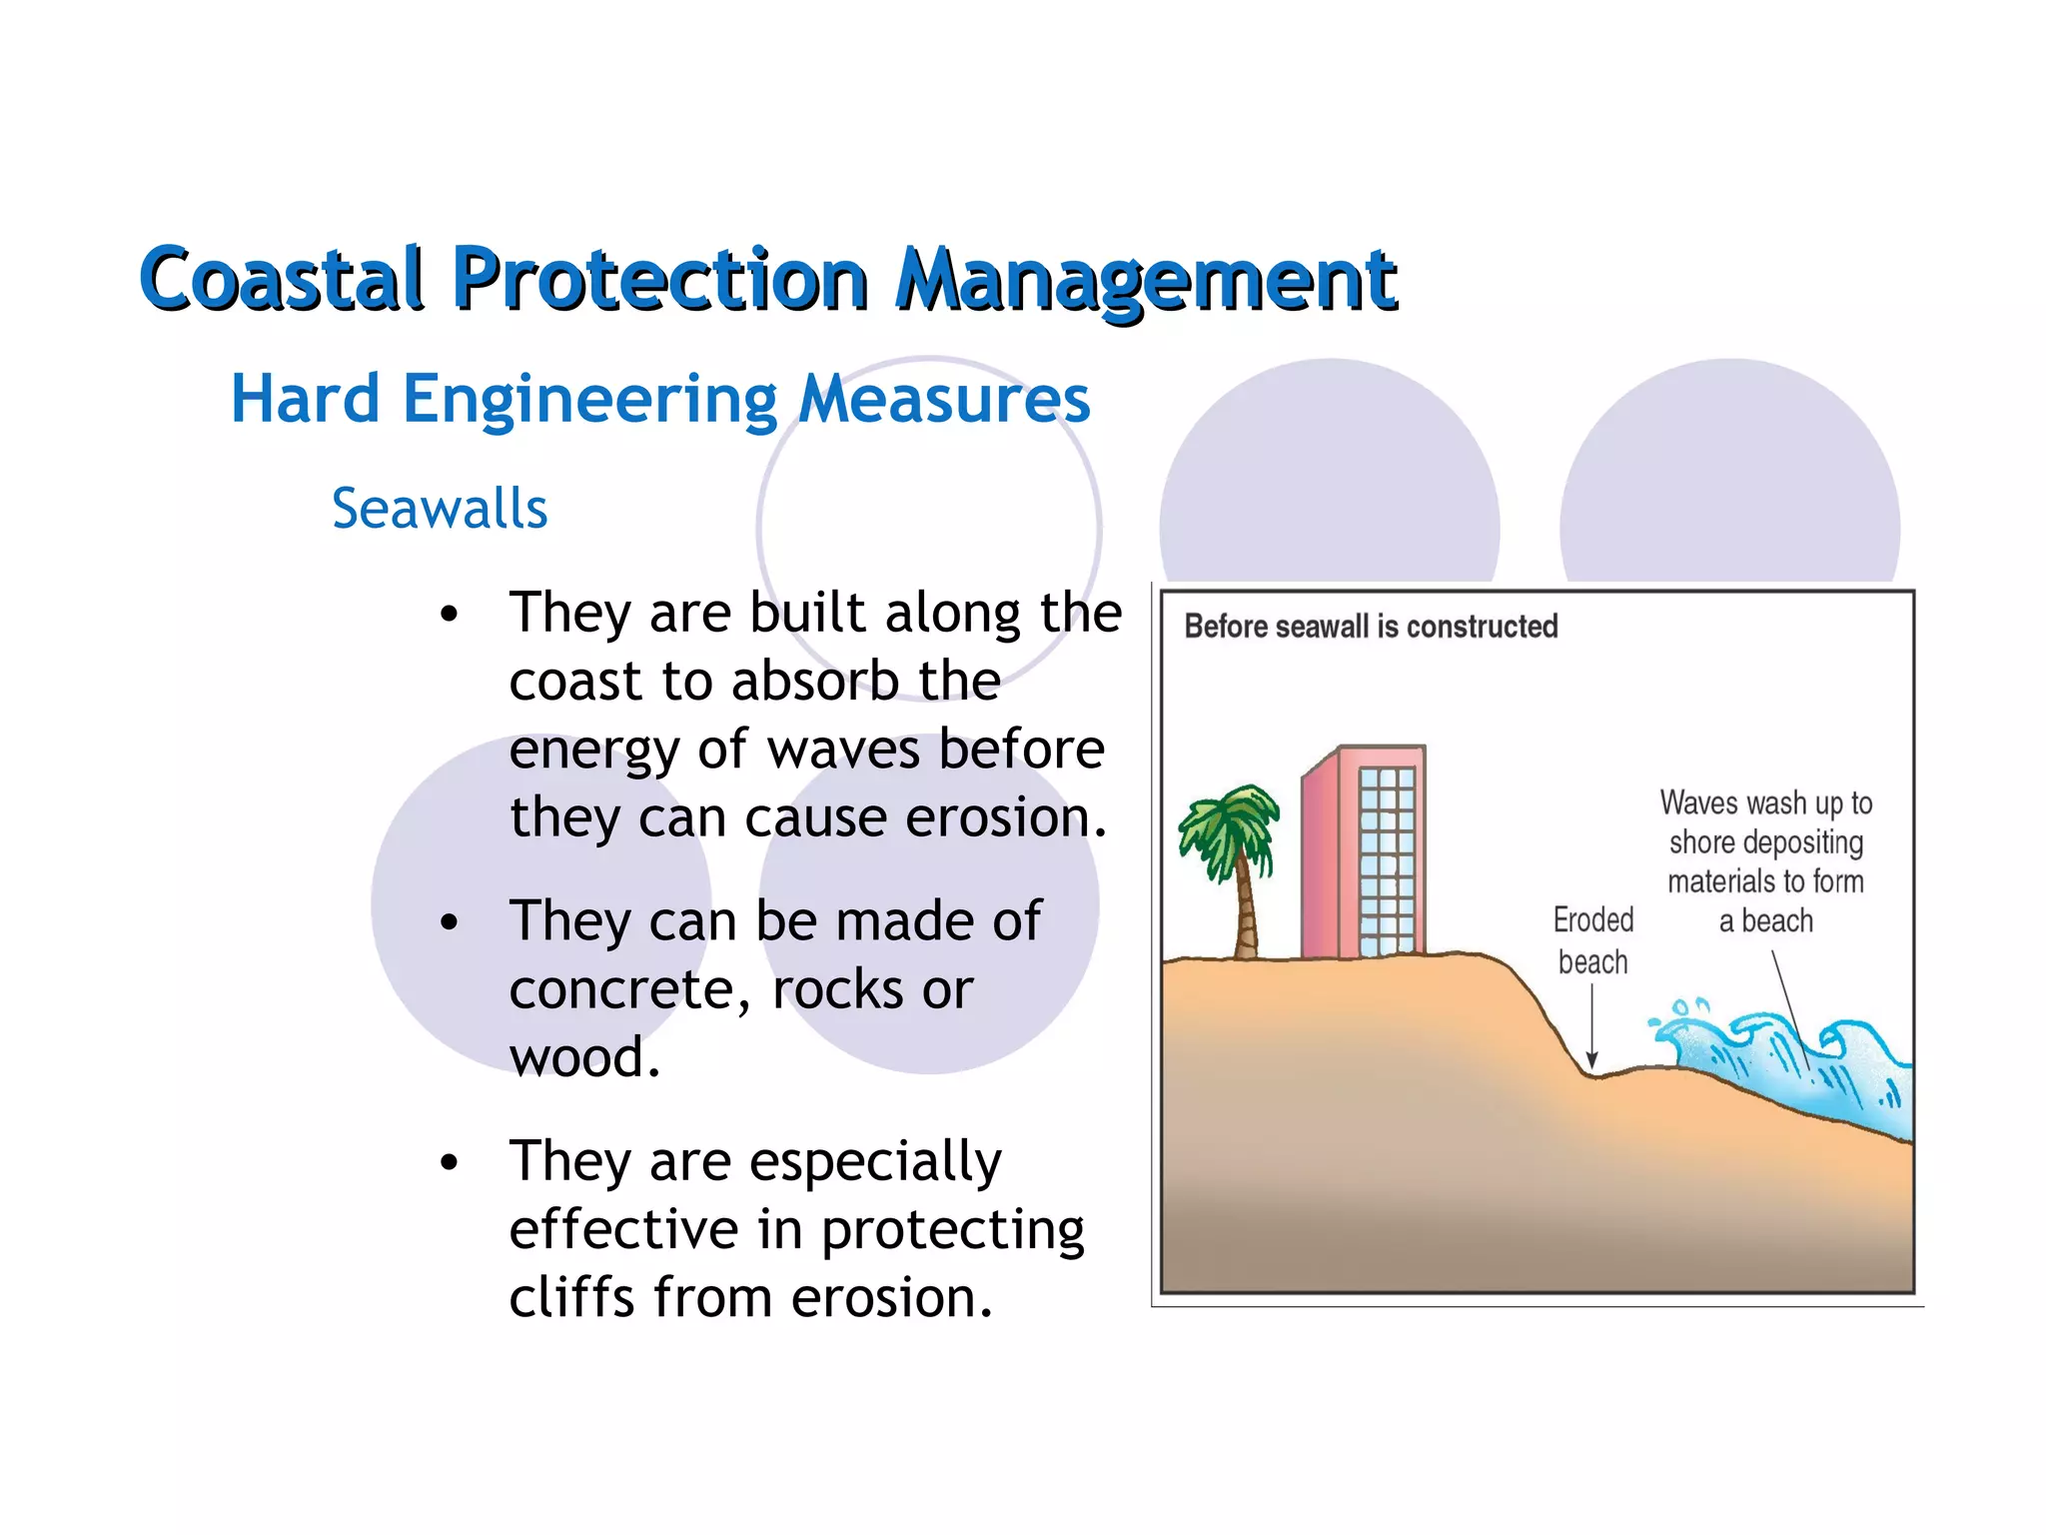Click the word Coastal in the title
coord(283,279)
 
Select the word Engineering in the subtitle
coord(589,400)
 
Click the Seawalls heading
coord(440,509)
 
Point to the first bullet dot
coord(450,615)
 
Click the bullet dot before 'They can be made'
coord(450,922)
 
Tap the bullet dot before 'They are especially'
coord(450,1162)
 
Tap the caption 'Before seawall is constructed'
coord(1371,627)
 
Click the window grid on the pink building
coord(1387,859)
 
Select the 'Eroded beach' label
coord(1593,940)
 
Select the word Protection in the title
coord(659,279)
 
